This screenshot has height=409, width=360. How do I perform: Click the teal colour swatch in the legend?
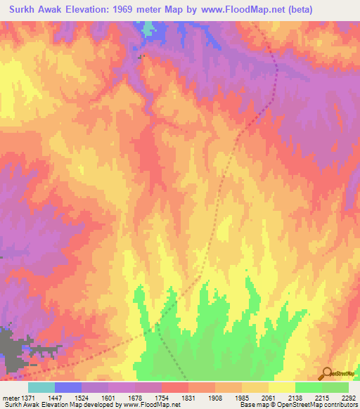(41, 387)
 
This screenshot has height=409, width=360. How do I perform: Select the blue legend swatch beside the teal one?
(68, 387)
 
